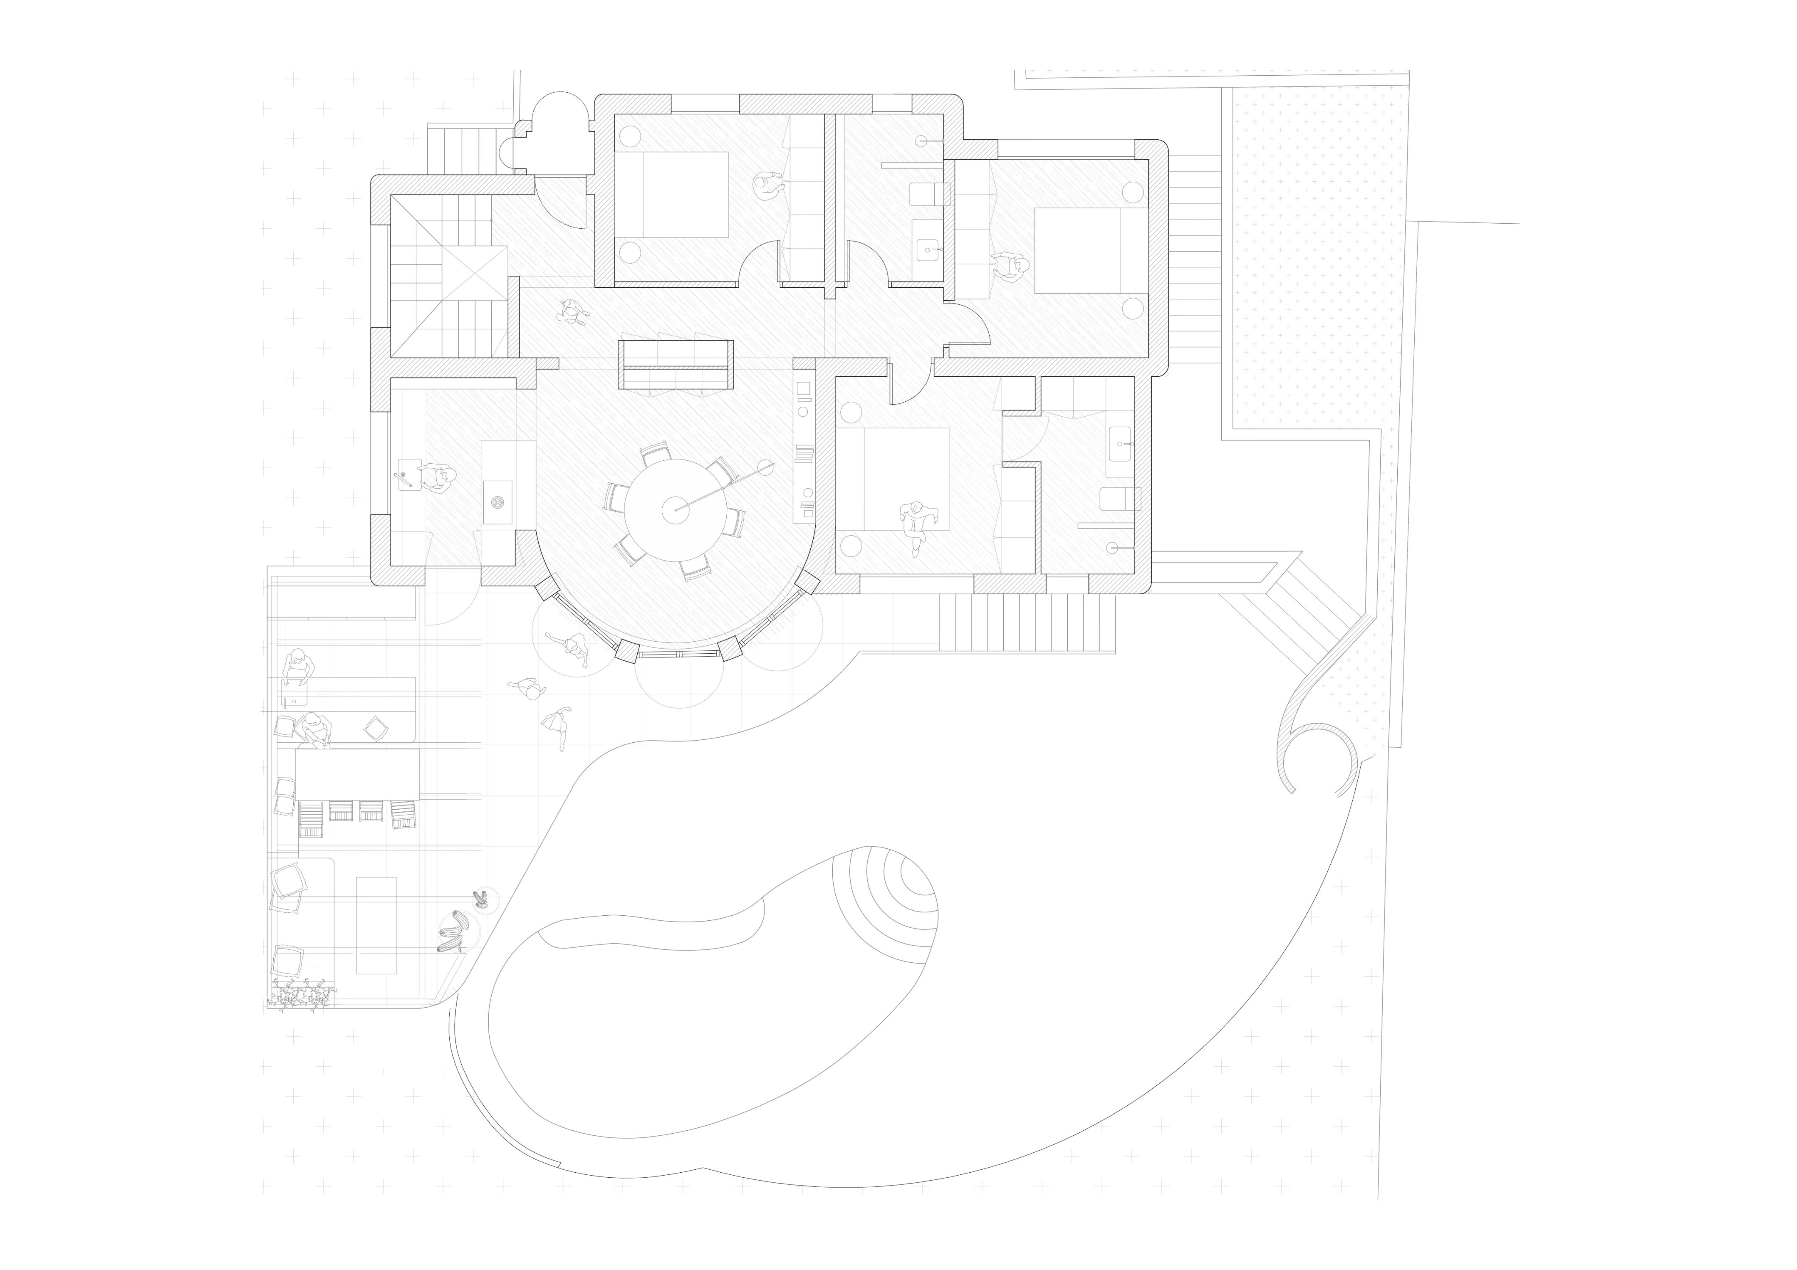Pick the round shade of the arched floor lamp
[x=765, y=468]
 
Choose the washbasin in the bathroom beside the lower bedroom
[x=1120, y=444]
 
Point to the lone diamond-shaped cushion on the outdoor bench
[x=376, y=729]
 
